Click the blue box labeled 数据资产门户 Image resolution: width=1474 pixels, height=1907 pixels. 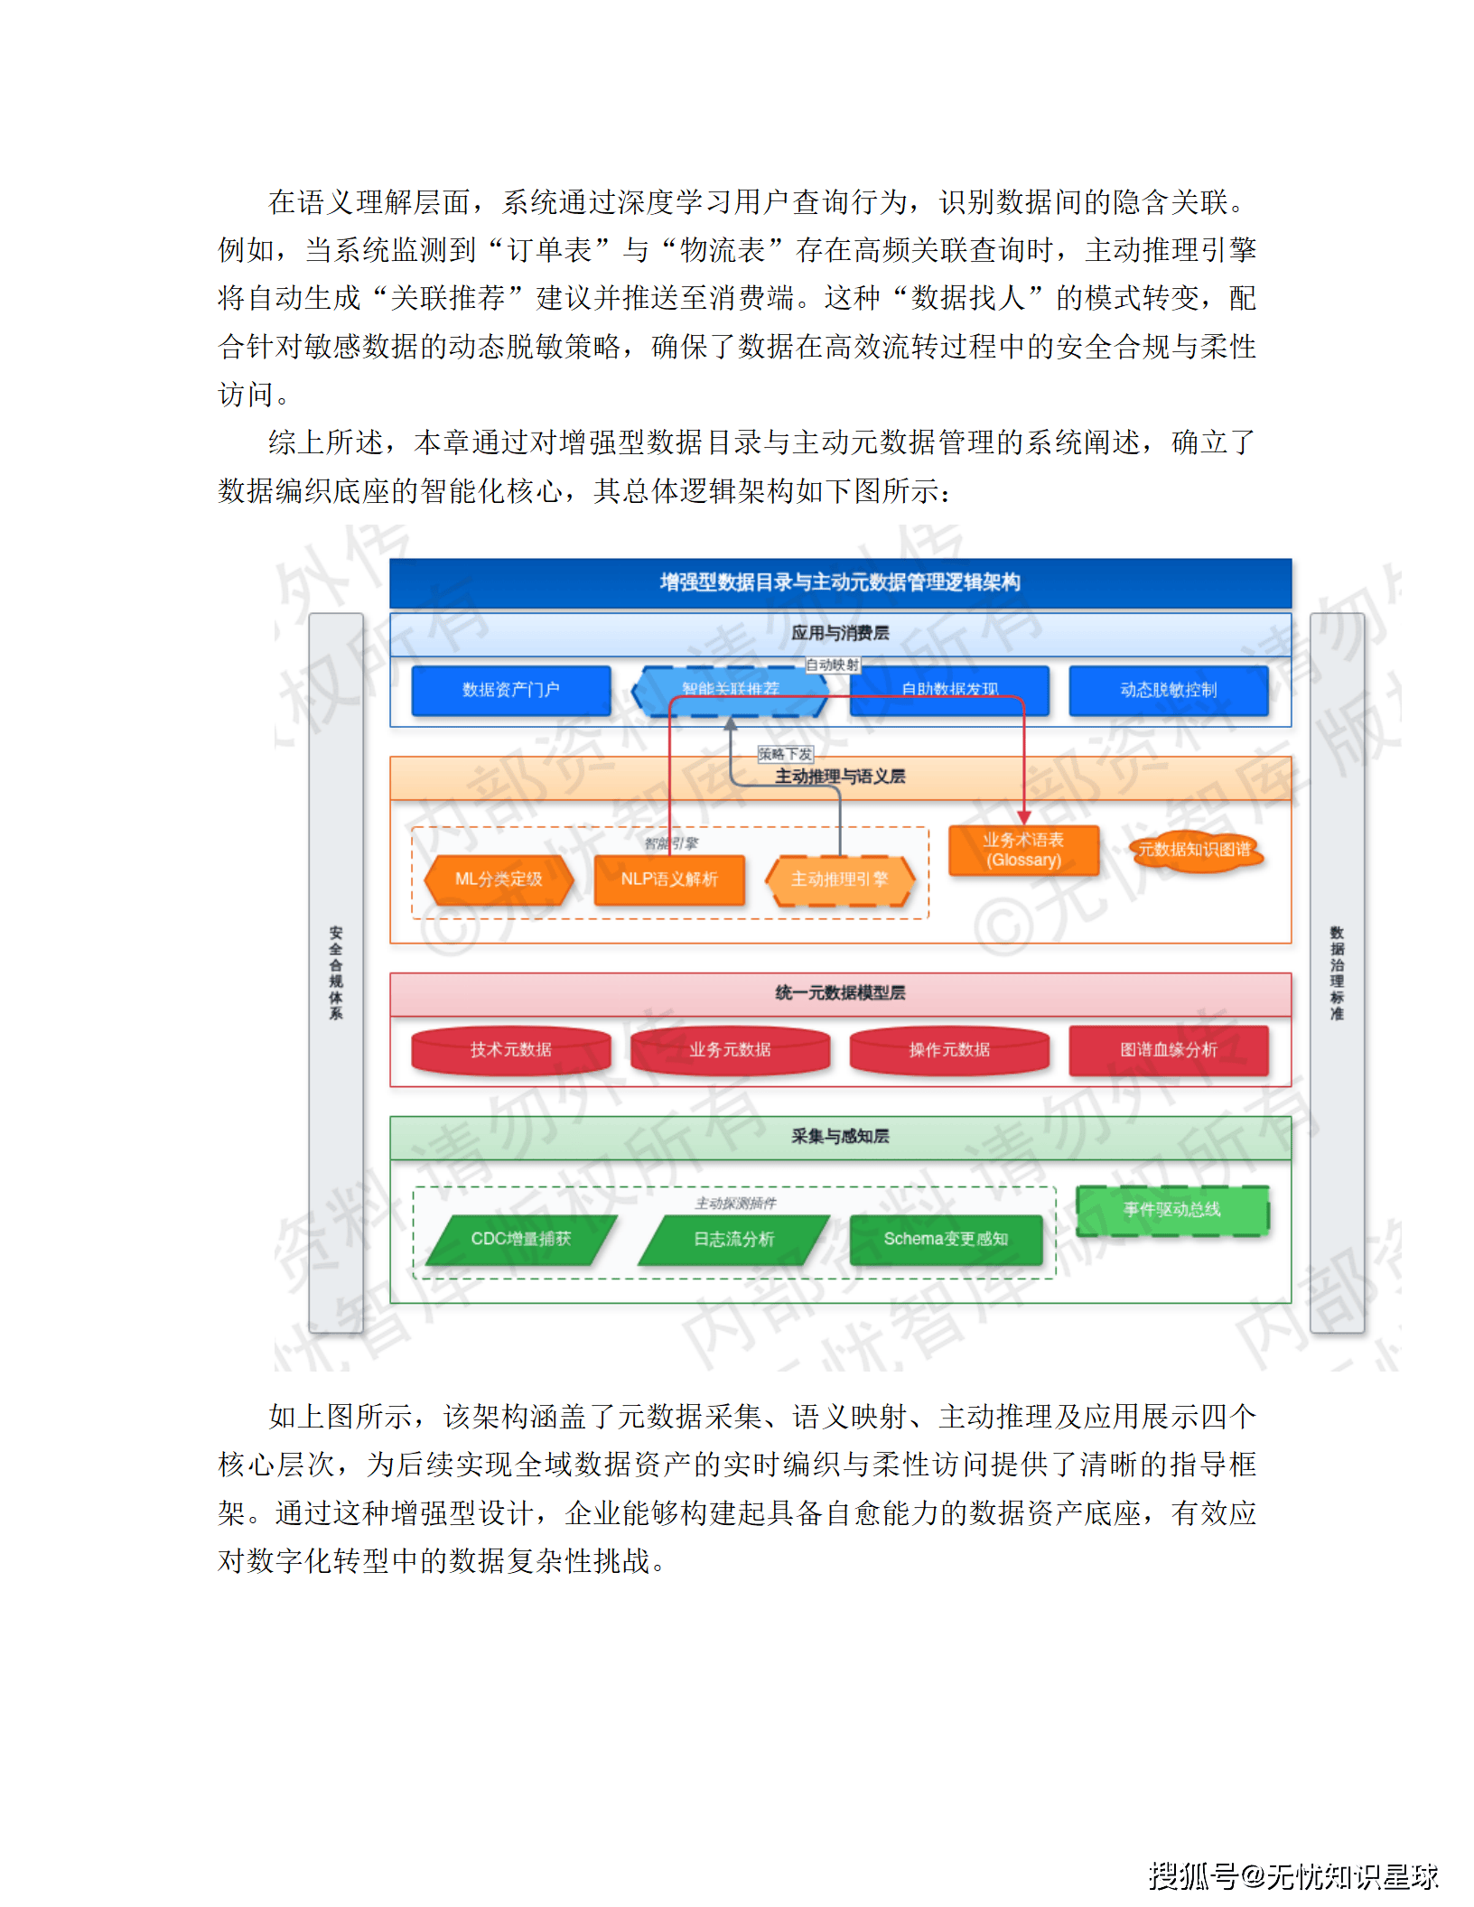pos(510,691)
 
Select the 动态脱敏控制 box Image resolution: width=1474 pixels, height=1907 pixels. pos(1168,691)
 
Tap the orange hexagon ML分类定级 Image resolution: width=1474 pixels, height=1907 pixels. pos(499,879)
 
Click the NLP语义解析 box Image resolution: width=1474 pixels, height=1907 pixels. pos(669,879)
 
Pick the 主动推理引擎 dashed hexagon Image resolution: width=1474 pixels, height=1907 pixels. pos(840,879)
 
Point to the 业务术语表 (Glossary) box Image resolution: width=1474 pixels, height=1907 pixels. pos(1023,851)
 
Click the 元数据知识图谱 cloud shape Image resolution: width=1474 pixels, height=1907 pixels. pos(1195,850)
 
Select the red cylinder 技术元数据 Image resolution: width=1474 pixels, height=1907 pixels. pos(510,1050)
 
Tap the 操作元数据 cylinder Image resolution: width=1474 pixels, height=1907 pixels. pos(949,1050)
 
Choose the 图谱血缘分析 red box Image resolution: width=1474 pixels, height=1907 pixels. pos(1168,1050)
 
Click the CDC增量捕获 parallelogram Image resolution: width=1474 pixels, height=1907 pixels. pos(521,1239)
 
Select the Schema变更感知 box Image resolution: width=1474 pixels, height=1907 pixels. pos(946,1239)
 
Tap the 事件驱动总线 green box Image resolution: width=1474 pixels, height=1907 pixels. pos(1172,1210)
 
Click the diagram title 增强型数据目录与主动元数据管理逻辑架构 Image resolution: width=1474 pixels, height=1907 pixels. pos(840,582)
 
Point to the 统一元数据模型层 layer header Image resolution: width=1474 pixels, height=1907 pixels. pos(840,993)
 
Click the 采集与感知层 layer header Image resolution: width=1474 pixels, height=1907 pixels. pos(840,1137)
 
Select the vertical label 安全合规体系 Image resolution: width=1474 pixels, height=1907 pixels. pos(336,972)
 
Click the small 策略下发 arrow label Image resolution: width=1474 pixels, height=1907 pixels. pos(785,754)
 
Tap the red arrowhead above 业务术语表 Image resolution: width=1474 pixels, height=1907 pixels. pos(1024,817)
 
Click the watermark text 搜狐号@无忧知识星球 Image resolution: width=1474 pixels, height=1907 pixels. pos(1292,1876)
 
